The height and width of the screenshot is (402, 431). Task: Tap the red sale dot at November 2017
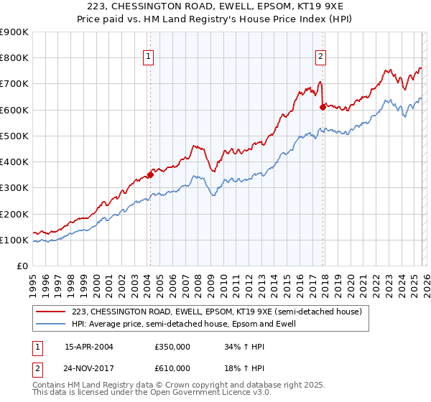(x=323, y=107)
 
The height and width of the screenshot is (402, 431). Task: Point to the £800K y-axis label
(x=14, y=58)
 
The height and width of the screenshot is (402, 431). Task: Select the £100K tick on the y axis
(x=14, y=240)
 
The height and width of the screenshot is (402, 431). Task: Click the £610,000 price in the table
(x=172, y=368)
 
